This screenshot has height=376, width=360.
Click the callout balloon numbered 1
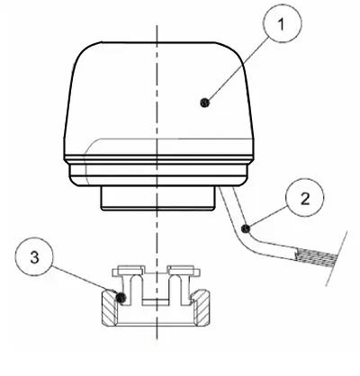(283, 23)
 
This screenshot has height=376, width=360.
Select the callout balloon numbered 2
(305, 198)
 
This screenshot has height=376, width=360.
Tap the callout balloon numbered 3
(34, 256)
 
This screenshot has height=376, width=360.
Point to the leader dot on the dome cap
(204, 103)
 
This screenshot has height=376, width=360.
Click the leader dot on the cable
(246, 228)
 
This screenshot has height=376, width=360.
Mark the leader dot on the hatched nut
(121, 297)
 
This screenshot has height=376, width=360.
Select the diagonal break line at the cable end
(337, 258)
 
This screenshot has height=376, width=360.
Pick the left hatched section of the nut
(110, 309)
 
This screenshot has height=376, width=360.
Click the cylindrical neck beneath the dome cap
(157, 199)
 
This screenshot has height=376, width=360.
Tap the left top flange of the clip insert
(129, 271)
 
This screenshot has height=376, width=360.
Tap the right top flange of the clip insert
(184, 271)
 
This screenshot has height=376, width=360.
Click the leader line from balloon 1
(237, 70)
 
